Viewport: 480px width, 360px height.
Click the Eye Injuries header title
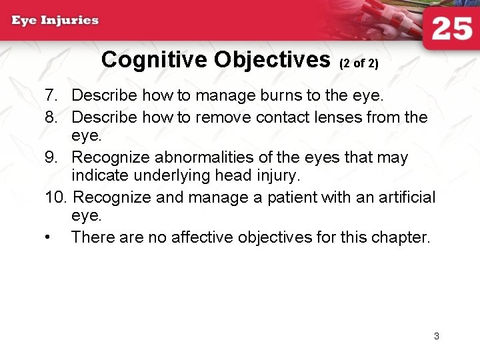(x=55, y=20)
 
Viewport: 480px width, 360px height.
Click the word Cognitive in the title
(x=155, y=60)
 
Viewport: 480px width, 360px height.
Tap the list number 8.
(x=53, y=117)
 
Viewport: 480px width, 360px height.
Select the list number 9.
(x=53, y=158)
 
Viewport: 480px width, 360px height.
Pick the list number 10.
(x=56, y=198)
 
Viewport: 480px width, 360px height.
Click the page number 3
(x=437, y=336)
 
